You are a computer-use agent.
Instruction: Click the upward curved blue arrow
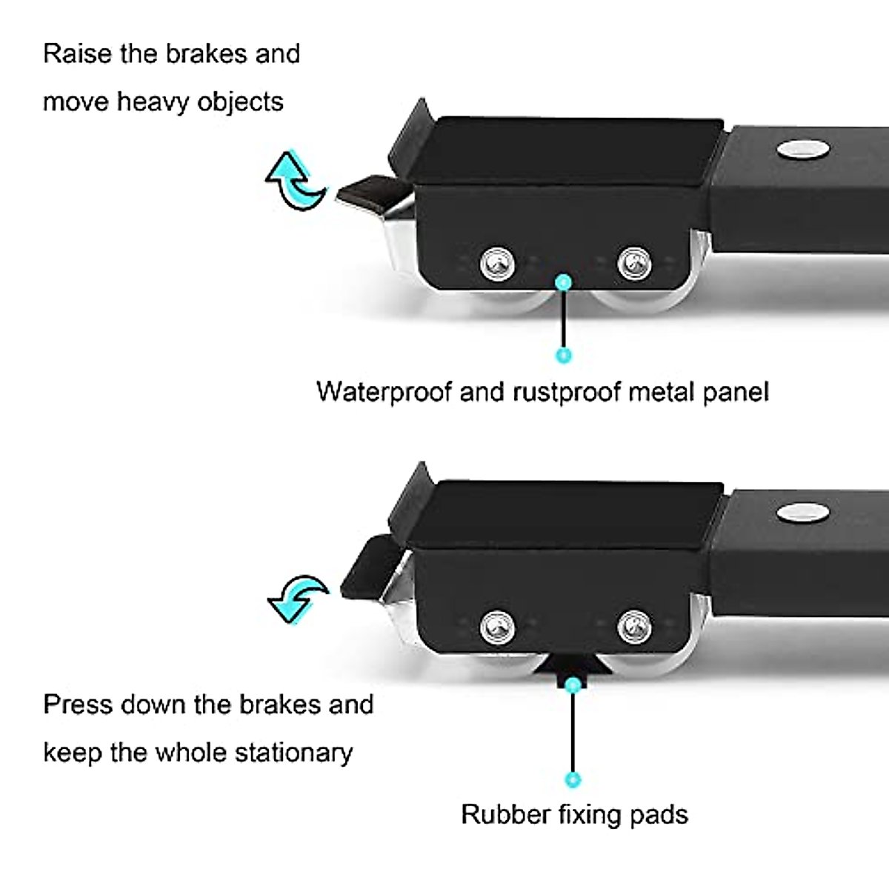(295, 180)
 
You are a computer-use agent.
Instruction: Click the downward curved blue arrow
(297, 597)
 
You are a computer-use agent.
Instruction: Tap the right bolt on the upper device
(634, 262)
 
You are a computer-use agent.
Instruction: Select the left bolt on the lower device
(496, 627)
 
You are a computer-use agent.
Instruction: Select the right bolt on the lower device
(634, 627)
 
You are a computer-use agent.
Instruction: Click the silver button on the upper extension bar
(803, 148)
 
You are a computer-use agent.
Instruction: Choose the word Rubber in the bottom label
(505, 814)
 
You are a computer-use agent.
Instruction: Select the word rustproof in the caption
(566, 391)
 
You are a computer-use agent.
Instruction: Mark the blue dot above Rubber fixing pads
(572, 779)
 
